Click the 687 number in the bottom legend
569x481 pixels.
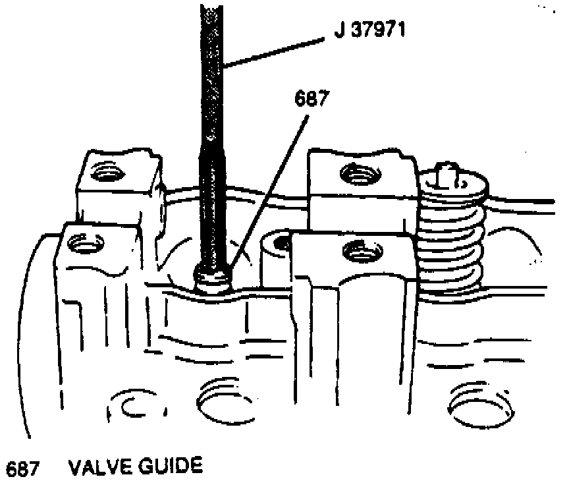click(21, 468)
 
